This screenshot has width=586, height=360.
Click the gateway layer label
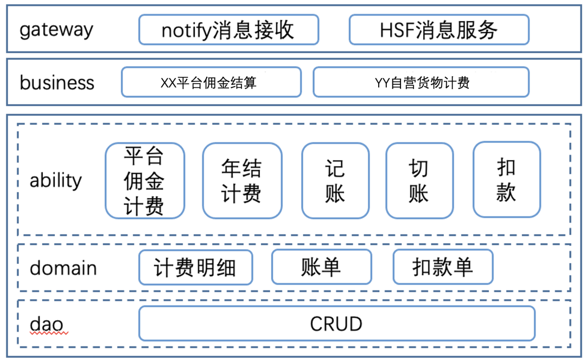56,29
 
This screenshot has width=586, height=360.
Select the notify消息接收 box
228,29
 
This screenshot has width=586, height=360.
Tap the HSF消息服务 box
438,29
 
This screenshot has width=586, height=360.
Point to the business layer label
57,83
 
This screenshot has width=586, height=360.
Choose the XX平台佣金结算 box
211,83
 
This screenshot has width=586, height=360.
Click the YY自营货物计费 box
421,83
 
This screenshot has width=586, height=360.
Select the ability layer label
55,180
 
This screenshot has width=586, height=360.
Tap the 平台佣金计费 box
144,180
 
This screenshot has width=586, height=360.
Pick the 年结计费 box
242,180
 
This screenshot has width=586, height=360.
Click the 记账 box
335,180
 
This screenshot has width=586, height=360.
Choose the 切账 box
419,180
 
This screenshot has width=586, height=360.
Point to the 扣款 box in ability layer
506,180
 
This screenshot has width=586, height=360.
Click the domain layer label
63,268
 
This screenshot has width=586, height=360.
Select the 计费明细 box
195,267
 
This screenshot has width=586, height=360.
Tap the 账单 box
321,267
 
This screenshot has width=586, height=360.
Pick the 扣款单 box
443,267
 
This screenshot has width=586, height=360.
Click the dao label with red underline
47,325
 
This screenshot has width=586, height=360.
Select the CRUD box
336,324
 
